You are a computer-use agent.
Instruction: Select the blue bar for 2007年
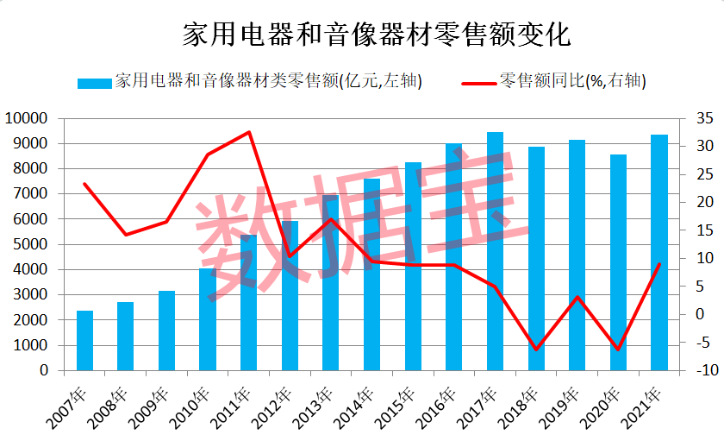[x=84, y=341]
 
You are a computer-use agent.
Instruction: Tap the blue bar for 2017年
[x=495, y=251]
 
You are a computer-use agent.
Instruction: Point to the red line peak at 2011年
[x=249, y=132]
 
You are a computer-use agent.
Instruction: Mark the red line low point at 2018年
[x=536, y=350]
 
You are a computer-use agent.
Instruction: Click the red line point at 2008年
[x=126, y=235]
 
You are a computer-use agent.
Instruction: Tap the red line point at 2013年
[x=331, y=219]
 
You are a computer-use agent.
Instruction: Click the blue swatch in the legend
[x=94, y=83]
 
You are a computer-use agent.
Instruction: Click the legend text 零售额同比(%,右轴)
[x=572, y=82]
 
